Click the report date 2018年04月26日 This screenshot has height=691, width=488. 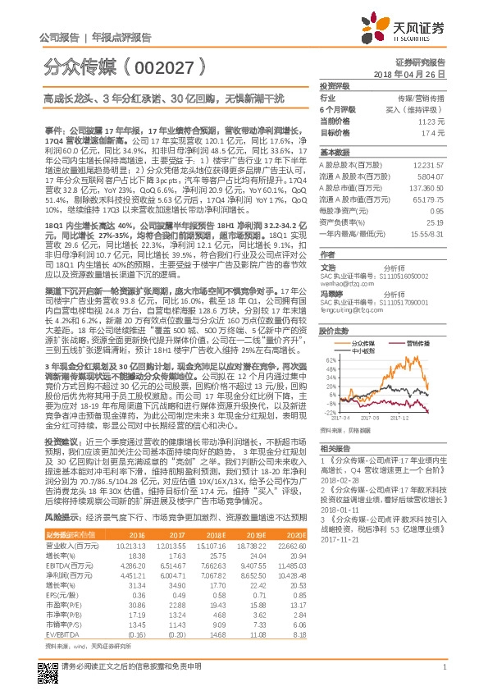420,75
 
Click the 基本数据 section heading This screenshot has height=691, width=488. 335,153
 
